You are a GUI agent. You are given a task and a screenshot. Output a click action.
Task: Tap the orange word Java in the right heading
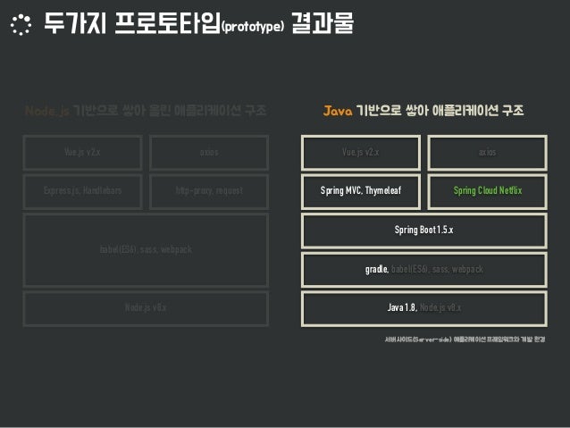point(338,112)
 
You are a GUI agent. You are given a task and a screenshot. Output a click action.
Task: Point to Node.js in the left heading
point(46,112)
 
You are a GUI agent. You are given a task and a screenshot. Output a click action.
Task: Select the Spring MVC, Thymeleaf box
point(361,191)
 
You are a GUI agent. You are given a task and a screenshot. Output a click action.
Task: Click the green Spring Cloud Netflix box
point(487,191)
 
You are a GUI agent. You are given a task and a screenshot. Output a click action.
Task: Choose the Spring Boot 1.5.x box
point(423,231)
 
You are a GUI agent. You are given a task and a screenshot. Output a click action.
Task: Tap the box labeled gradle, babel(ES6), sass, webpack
point(423,269)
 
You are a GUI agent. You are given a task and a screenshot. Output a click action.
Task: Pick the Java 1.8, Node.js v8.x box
point(423,307)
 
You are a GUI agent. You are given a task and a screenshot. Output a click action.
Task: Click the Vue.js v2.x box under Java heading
point(361,152)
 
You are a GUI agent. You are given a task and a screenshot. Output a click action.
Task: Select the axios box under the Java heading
point(487,152)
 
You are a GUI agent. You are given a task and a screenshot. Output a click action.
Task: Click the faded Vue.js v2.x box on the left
point(82,152)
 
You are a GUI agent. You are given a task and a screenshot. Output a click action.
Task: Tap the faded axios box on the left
point(209,152)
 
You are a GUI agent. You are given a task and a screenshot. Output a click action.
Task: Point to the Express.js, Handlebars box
point(82,191)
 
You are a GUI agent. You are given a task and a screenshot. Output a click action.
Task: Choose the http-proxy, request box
point(209,191)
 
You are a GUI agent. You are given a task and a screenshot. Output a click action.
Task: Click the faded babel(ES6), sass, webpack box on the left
point(146,249)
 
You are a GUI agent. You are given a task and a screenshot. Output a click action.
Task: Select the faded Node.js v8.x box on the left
point(146,307)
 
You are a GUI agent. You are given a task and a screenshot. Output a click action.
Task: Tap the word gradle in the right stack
point(375,269)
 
